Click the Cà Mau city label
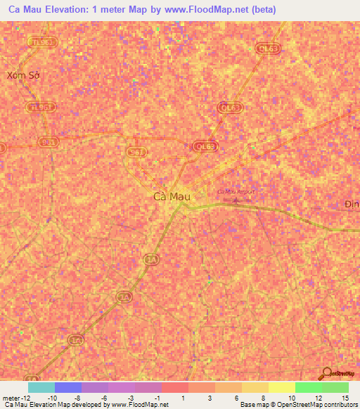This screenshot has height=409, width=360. click(172, 197)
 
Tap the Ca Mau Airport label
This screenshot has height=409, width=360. click(236, 191)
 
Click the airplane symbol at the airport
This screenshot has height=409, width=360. click(236, 200)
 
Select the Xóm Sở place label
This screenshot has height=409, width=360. click(20, 75)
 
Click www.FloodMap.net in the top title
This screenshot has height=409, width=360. click(193, 10)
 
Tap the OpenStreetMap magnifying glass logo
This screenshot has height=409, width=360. click(326, 373)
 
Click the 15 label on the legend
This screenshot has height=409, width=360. click(345, 397)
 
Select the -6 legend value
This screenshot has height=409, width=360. click(104, 397)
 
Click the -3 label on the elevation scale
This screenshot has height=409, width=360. click(131, 397)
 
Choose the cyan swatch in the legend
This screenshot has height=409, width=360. click(41, 387)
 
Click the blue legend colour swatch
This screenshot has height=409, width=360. click(67, 387)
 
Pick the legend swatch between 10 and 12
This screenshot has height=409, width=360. click(308, 387)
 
